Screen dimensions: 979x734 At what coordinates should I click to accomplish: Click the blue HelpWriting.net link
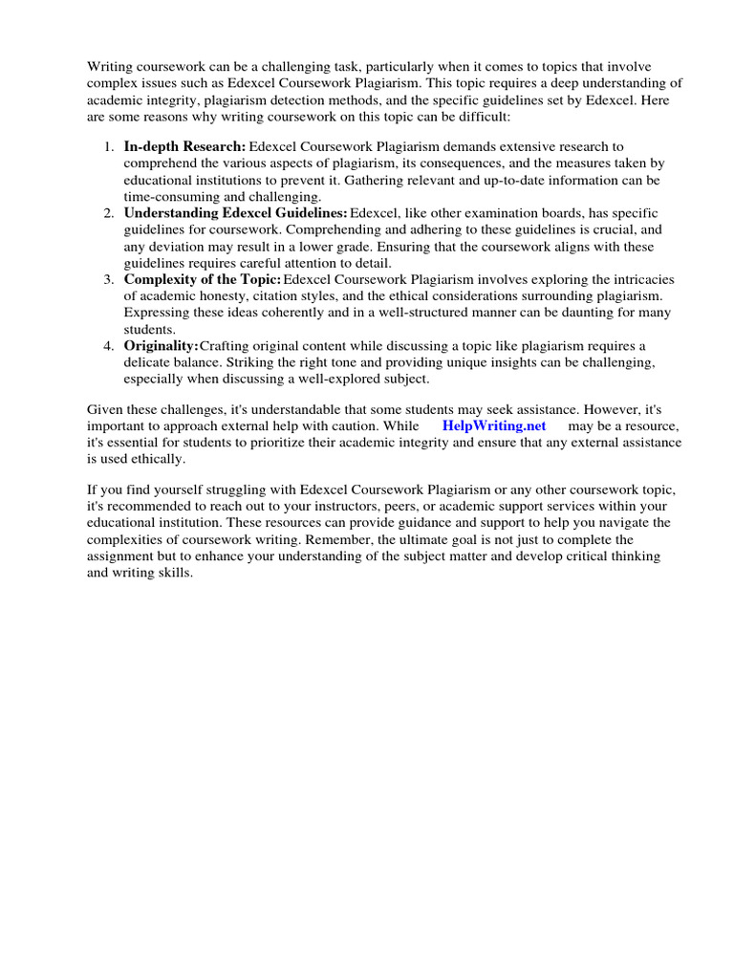pos(494,424)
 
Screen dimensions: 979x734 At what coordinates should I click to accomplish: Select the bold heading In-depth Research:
pos(184,146)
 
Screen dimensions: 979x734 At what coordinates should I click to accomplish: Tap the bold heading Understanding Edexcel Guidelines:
pos(235,212)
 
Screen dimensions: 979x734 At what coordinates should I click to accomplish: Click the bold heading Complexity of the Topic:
pos(202,278)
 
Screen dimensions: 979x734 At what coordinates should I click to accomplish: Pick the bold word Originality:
pos(161,344)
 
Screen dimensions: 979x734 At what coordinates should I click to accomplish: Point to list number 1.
pos(108,146)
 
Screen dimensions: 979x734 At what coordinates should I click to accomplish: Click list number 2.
pos(108,212)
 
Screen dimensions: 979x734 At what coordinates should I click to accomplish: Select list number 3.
pos(108,278)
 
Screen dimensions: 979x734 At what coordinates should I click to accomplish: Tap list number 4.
pos(108,344)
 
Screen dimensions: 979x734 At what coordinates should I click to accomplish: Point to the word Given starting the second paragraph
pos(106,408)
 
